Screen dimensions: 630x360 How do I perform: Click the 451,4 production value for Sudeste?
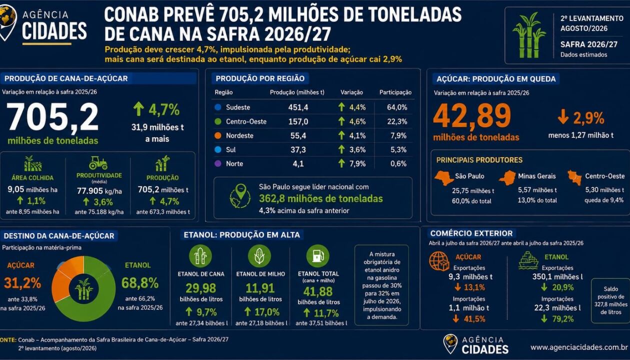[298, 107]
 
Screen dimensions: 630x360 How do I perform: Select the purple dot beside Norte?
[218, 163]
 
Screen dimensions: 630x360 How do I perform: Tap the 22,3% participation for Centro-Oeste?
[397, 121]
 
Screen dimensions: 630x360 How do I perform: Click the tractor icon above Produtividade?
[98, 163]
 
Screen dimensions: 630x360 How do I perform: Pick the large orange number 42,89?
[472, 116]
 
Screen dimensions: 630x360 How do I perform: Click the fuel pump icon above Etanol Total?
[318, 256]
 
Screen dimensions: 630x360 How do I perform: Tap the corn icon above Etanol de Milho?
[259, 256]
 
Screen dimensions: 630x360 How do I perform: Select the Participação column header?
[395, 92]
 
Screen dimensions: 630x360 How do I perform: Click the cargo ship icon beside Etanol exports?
[528, 260]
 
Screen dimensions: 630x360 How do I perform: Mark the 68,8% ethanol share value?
[140, 283]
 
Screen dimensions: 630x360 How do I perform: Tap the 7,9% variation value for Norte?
[357, 163]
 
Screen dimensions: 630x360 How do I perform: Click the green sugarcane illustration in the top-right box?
[529, 35]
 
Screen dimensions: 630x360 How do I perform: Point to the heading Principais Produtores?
[479, 160]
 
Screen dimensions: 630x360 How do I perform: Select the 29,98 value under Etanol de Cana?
[201, 288]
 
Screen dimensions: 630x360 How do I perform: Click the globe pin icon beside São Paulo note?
[240, 196]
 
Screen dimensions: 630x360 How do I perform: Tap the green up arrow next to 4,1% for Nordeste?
[341, 135]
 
